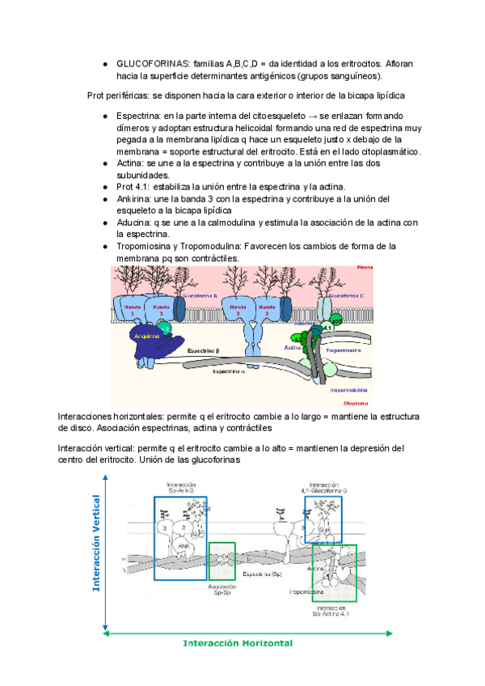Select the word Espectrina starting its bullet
click(139, 116)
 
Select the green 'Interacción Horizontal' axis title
click(238, 643)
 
